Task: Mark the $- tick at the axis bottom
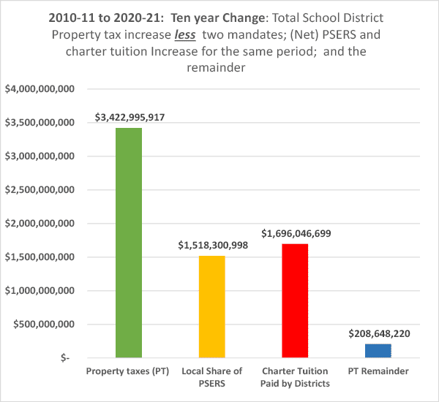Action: (67, 358)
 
